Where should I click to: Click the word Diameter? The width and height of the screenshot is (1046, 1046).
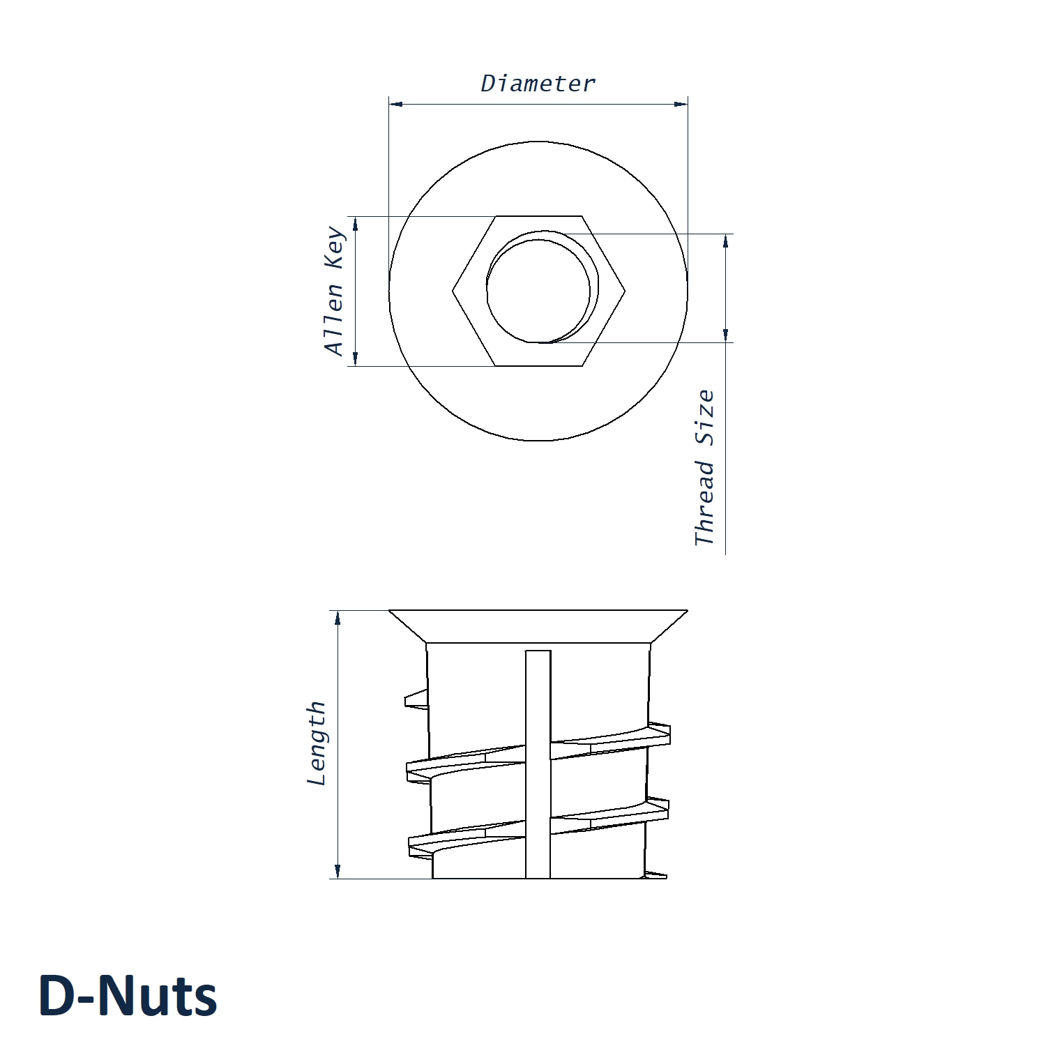538,84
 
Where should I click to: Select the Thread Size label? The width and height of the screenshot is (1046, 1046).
705,467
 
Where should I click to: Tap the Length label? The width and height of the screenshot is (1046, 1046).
317,743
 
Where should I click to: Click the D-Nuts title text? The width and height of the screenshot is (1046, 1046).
128,995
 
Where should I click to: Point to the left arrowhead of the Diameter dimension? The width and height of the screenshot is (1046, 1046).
395,104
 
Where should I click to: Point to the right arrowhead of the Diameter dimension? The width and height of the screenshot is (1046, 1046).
681,104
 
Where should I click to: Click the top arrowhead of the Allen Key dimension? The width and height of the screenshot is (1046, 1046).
355,223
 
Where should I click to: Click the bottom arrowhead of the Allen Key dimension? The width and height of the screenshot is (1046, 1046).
355,359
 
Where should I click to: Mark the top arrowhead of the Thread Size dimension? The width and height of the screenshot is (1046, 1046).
725,241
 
